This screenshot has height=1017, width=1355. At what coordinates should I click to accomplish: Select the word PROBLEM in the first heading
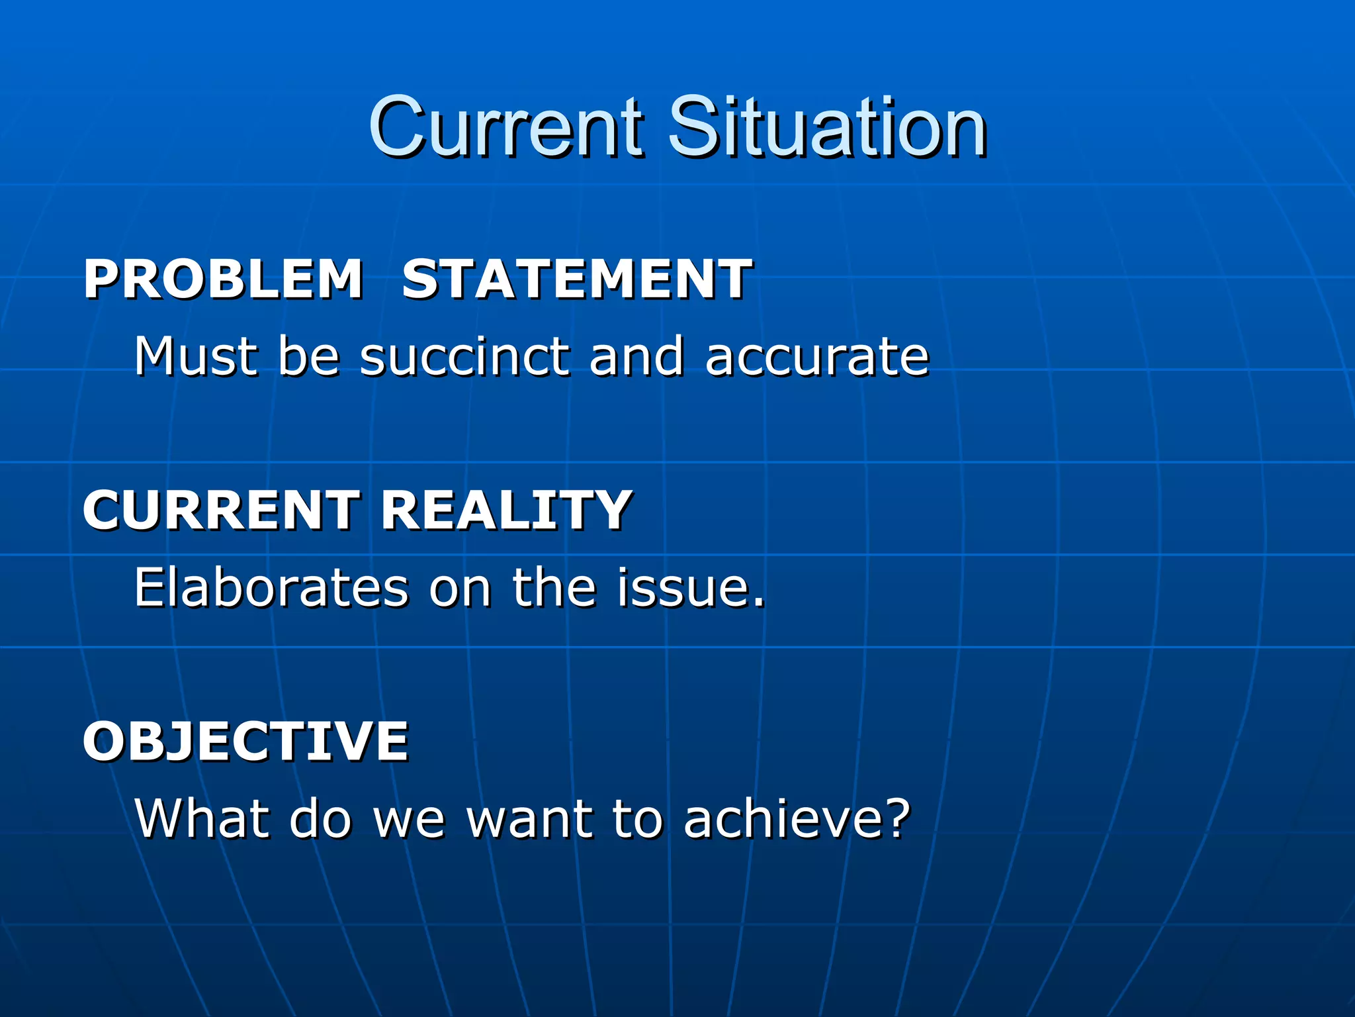point(223,279)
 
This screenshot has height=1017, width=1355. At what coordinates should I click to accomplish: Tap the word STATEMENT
point(576,279)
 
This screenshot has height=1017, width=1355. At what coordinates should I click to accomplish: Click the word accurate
point(817,358)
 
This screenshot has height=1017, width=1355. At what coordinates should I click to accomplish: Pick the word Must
point(196,356)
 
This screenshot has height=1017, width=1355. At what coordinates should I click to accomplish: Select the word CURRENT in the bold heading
point(221,510)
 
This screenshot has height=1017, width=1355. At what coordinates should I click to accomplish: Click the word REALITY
point(506,510)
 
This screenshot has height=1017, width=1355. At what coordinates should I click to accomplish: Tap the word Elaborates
point(271,587)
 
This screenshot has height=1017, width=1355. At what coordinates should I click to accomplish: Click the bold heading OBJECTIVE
point(245,742)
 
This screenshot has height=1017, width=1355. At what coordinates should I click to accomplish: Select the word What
point(202,818)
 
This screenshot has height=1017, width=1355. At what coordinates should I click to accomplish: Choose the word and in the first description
point(636,356)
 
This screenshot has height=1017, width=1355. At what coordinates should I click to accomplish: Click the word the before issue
point(554,587)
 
